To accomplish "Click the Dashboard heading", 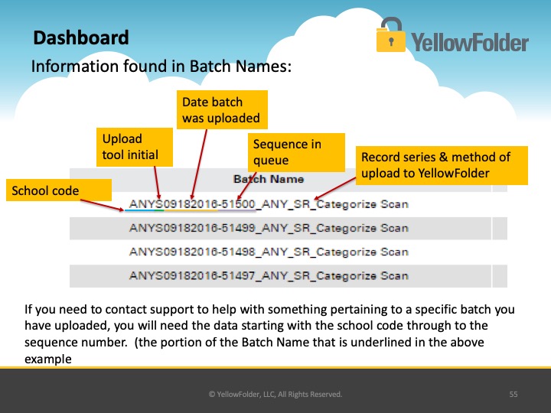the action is [81, 38].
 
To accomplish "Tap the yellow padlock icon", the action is [391, 35].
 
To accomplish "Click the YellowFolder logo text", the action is [470, 43].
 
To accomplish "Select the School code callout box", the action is [59, 190].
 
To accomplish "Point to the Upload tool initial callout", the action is [135, 147].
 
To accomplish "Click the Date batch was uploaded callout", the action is [222, 109].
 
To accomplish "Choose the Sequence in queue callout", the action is [296, 152].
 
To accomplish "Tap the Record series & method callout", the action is [442, 165].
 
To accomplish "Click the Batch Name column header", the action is [269, 179].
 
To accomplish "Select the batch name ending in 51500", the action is [269, 204].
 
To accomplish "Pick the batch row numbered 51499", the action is [269, 228].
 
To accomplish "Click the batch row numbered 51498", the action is [269, 252].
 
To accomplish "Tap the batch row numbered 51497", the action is [269, 276].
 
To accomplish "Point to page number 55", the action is [514, 395].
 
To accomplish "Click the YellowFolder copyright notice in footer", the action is [275, 395].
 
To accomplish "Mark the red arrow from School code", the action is [103, 205].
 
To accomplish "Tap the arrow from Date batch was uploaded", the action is [199, 164].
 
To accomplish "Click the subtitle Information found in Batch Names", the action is [161, 66].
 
